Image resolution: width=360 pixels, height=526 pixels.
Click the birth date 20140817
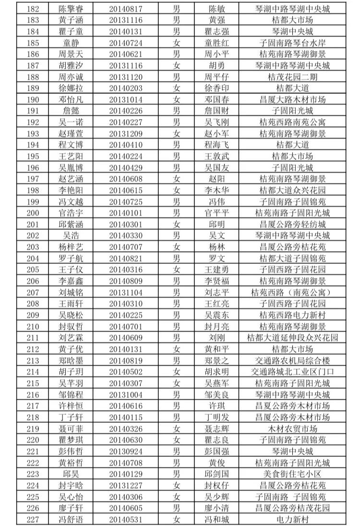[x=125, y=9]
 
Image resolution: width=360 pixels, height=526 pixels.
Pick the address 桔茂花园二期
[x=292, y=77]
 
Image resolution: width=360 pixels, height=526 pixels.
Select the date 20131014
[x=125, y=100]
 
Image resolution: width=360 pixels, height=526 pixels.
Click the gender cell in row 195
[x=177, y=156]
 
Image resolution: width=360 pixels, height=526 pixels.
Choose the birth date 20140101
[x=125, y=213]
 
